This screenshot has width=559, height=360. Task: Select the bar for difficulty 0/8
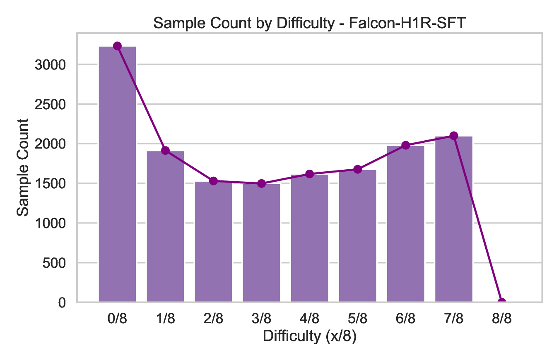pyautogui.click(x=117, y=174)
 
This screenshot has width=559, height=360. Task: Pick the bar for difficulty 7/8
pyautogui.click(x=453, y=219)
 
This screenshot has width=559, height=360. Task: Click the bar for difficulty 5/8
pyautogui.click(x=357, y=236)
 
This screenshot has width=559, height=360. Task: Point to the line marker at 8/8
pyautogui.click(x=501, y=302)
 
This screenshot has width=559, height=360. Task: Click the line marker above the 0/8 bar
pyautogui.click(x=117, y=46)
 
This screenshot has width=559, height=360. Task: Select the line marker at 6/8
pyautogui.click(x=405, y=145)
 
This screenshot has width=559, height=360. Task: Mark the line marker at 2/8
pyautogui.click(x=213, y=181)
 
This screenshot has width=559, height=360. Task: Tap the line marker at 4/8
pyautogui.click(x=309, y=174)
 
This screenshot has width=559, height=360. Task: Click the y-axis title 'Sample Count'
pyautogui.click(x=23, y=167)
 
